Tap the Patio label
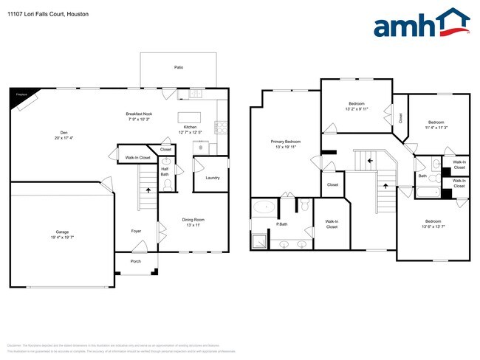(x=179, y=67)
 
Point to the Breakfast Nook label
(x=138, y=114)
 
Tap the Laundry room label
(x=211, y=178)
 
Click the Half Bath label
(x=165, y=172)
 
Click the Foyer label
(x=137, y=231)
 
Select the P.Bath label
(x=281, y=224)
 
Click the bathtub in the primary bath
(x=262, y=208)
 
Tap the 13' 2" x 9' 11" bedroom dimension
(x=356, y=110)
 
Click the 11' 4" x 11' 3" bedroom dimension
(x=436, y=127)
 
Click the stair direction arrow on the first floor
(x=148, y=190)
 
